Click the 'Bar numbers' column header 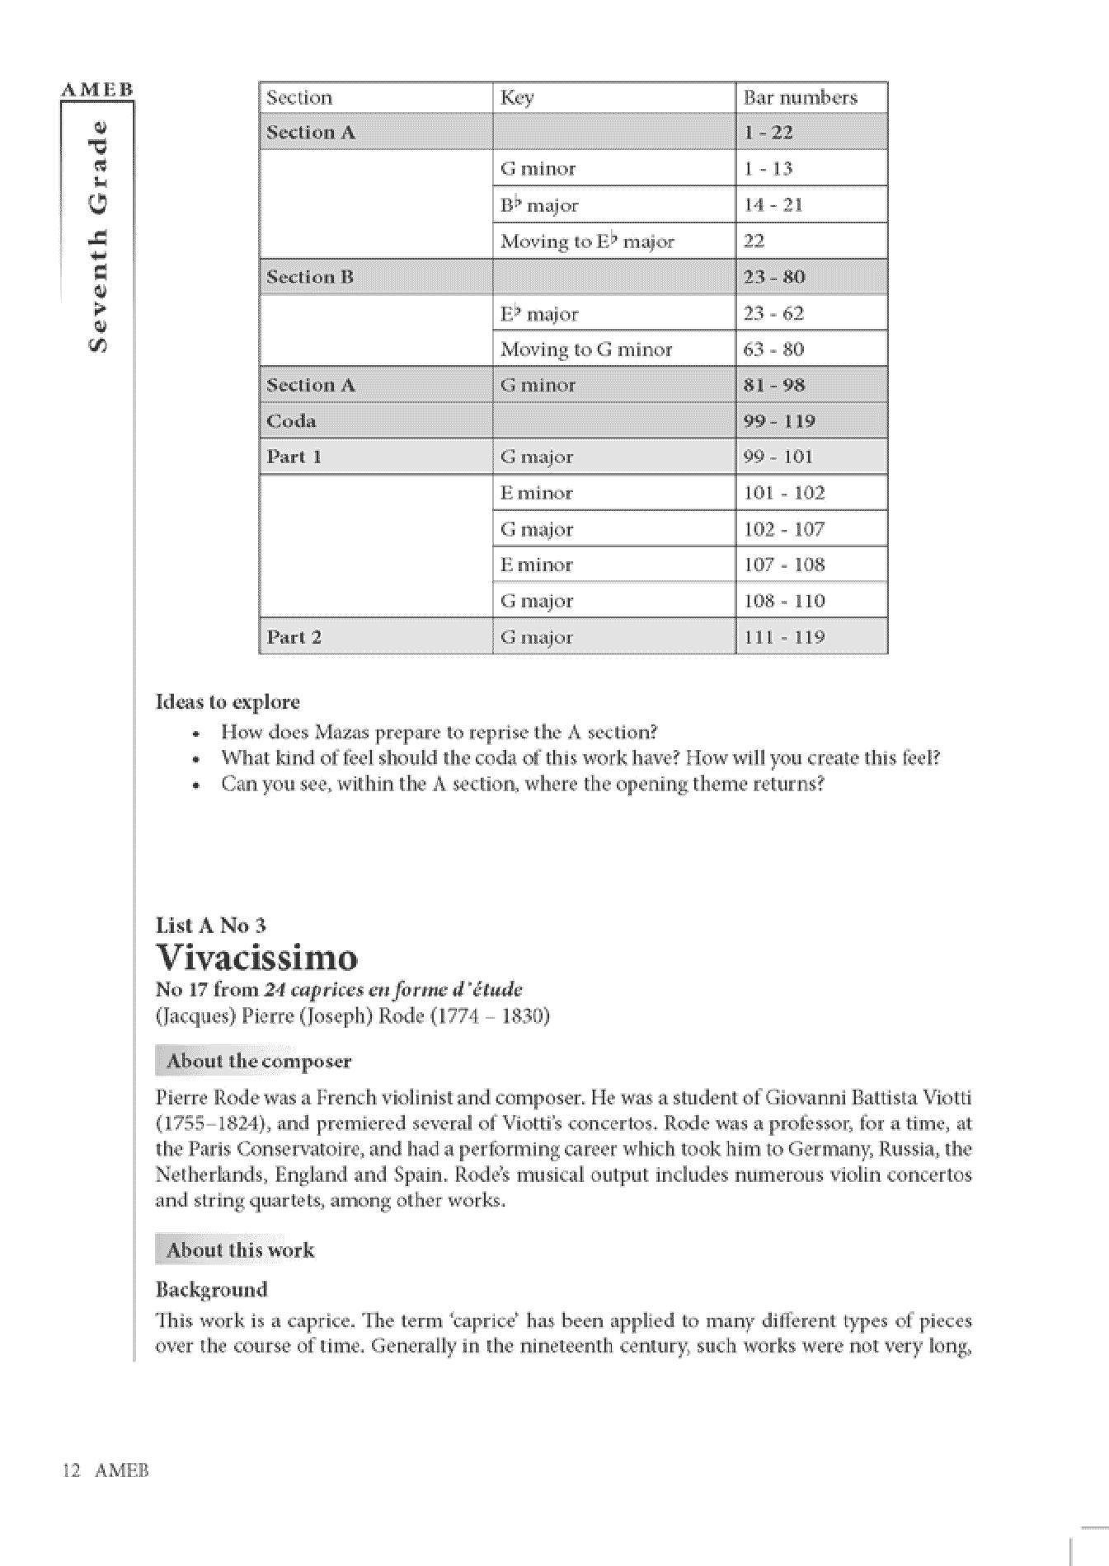800,97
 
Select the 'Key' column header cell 517,97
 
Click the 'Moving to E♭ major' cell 587,241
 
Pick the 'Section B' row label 309,277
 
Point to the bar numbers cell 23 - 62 773,313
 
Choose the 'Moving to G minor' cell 586,349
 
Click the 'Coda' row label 291,421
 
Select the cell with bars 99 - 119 778,421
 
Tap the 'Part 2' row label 294,637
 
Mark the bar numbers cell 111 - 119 783,637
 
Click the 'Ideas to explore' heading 228,702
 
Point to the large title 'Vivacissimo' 256,958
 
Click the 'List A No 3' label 210,926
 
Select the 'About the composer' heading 258,1061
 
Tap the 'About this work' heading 240,1250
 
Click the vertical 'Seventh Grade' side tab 97,236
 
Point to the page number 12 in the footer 70,1470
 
